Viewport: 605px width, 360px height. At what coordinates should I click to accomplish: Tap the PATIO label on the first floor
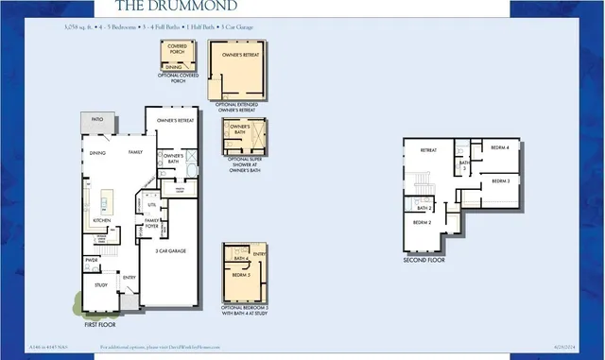coord(96,120)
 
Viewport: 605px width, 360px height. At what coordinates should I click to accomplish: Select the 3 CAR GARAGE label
coord(170,250)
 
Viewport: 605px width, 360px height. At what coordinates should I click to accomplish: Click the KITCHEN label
coord(103,220)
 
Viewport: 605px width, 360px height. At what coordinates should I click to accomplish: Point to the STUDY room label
coord(100,283)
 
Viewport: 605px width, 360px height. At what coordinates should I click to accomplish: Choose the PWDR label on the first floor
coord(93,260)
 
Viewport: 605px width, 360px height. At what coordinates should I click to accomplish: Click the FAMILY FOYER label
coord(151,222)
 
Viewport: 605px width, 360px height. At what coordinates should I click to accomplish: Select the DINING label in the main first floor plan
coord(97,152)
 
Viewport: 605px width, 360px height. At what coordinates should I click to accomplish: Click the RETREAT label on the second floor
coord(428,149)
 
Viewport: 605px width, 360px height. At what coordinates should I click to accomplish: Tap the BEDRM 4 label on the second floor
coord(500,147)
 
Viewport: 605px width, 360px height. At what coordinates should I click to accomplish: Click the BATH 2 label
coord(424,207)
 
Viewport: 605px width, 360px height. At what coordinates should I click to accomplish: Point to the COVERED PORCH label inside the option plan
coord(176,47)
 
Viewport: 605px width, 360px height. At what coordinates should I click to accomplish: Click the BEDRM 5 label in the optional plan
coord(241,275)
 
